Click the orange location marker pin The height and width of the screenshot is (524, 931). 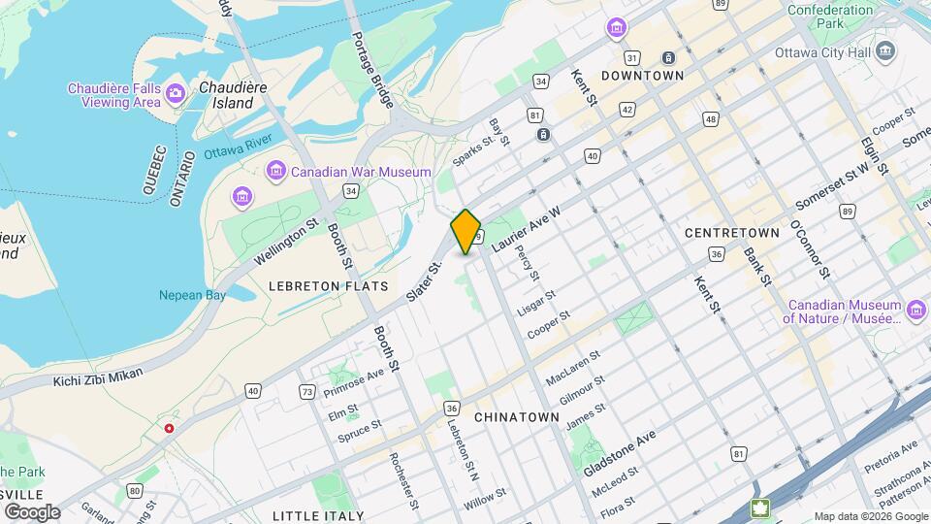466,231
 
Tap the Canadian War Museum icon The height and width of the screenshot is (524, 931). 276,172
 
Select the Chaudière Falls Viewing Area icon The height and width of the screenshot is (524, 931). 176,93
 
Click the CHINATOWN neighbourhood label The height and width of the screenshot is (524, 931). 517,416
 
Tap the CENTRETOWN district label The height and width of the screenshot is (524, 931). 732,233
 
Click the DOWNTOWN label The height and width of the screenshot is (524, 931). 642,75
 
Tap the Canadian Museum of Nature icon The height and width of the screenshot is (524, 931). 917,310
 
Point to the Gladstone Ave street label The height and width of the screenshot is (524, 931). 619,452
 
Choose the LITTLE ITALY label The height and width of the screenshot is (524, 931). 318,515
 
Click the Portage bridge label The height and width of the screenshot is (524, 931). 372,69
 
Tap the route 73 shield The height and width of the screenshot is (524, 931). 307,392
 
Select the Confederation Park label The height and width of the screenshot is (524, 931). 830,16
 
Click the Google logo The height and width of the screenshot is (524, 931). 32,511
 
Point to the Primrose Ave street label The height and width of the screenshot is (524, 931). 354,382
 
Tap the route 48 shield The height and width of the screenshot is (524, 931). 711,119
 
